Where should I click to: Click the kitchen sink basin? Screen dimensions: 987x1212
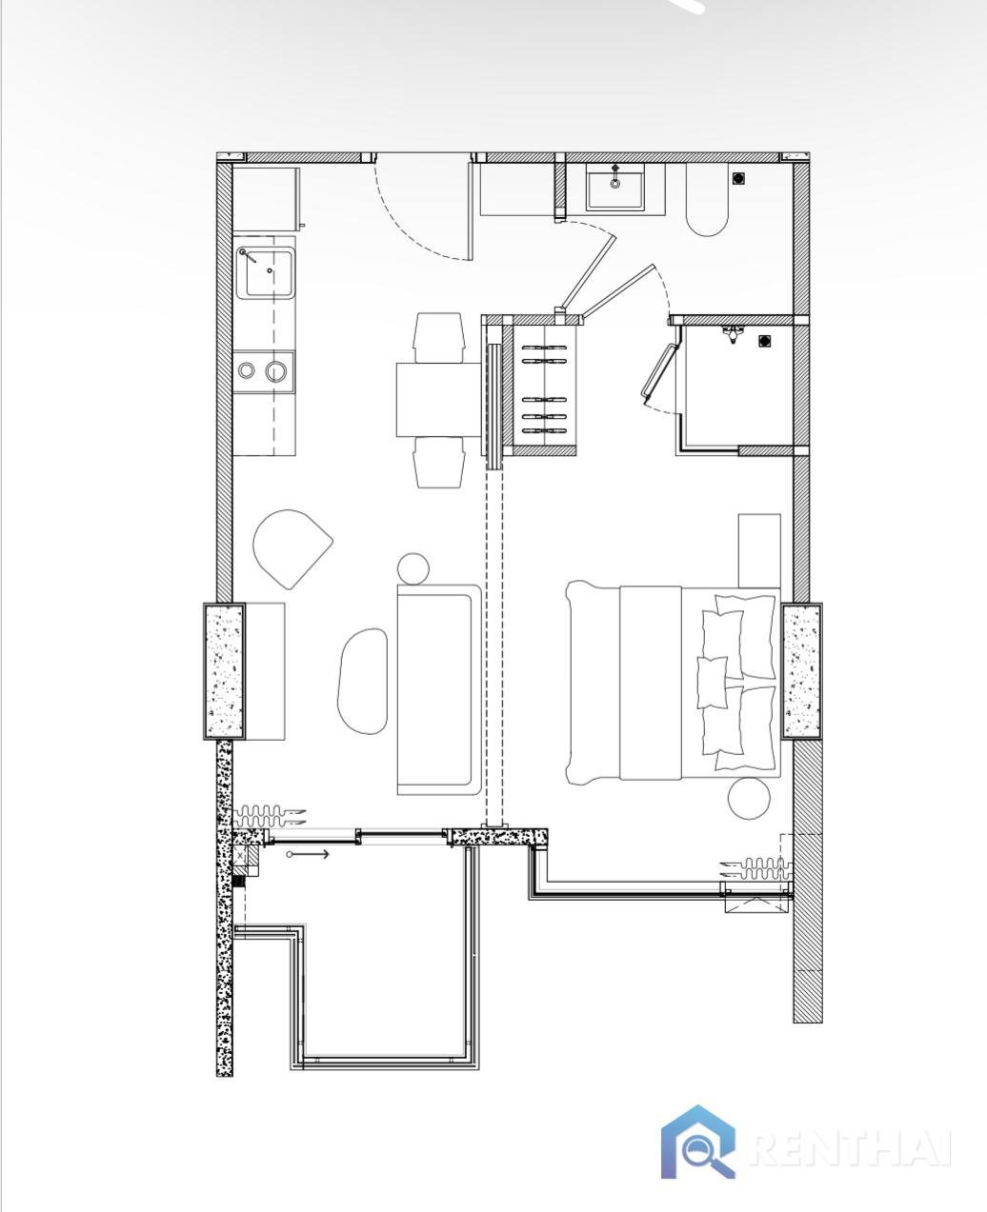pos(265,273)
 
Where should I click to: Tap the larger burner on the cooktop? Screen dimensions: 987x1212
pos(276,371)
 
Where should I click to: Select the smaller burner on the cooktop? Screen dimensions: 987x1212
pos(246,371)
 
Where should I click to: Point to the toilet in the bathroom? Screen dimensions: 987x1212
pos(707,199)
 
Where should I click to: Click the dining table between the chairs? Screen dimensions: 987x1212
pos(439,400)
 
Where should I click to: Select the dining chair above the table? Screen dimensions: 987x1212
pos(439,337)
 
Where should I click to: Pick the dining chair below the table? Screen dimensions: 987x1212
pos(439,462)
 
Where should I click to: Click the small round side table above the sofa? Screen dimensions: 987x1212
pos(413,567)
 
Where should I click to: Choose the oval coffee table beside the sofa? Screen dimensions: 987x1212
pos(363,681)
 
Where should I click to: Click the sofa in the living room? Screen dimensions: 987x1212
pos(439,689)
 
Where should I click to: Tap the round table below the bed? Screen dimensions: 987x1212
pos(749,798)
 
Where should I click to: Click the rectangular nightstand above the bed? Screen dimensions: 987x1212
pos(759,551)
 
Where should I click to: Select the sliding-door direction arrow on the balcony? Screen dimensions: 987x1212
pos(308,854)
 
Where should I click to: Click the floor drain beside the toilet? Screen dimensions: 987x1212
pos(739,178)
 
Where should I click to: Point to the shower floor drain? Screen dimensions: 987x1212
pos(764,342)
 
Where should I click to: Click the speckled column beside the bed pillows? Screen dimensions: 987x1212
pos(802,671)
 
